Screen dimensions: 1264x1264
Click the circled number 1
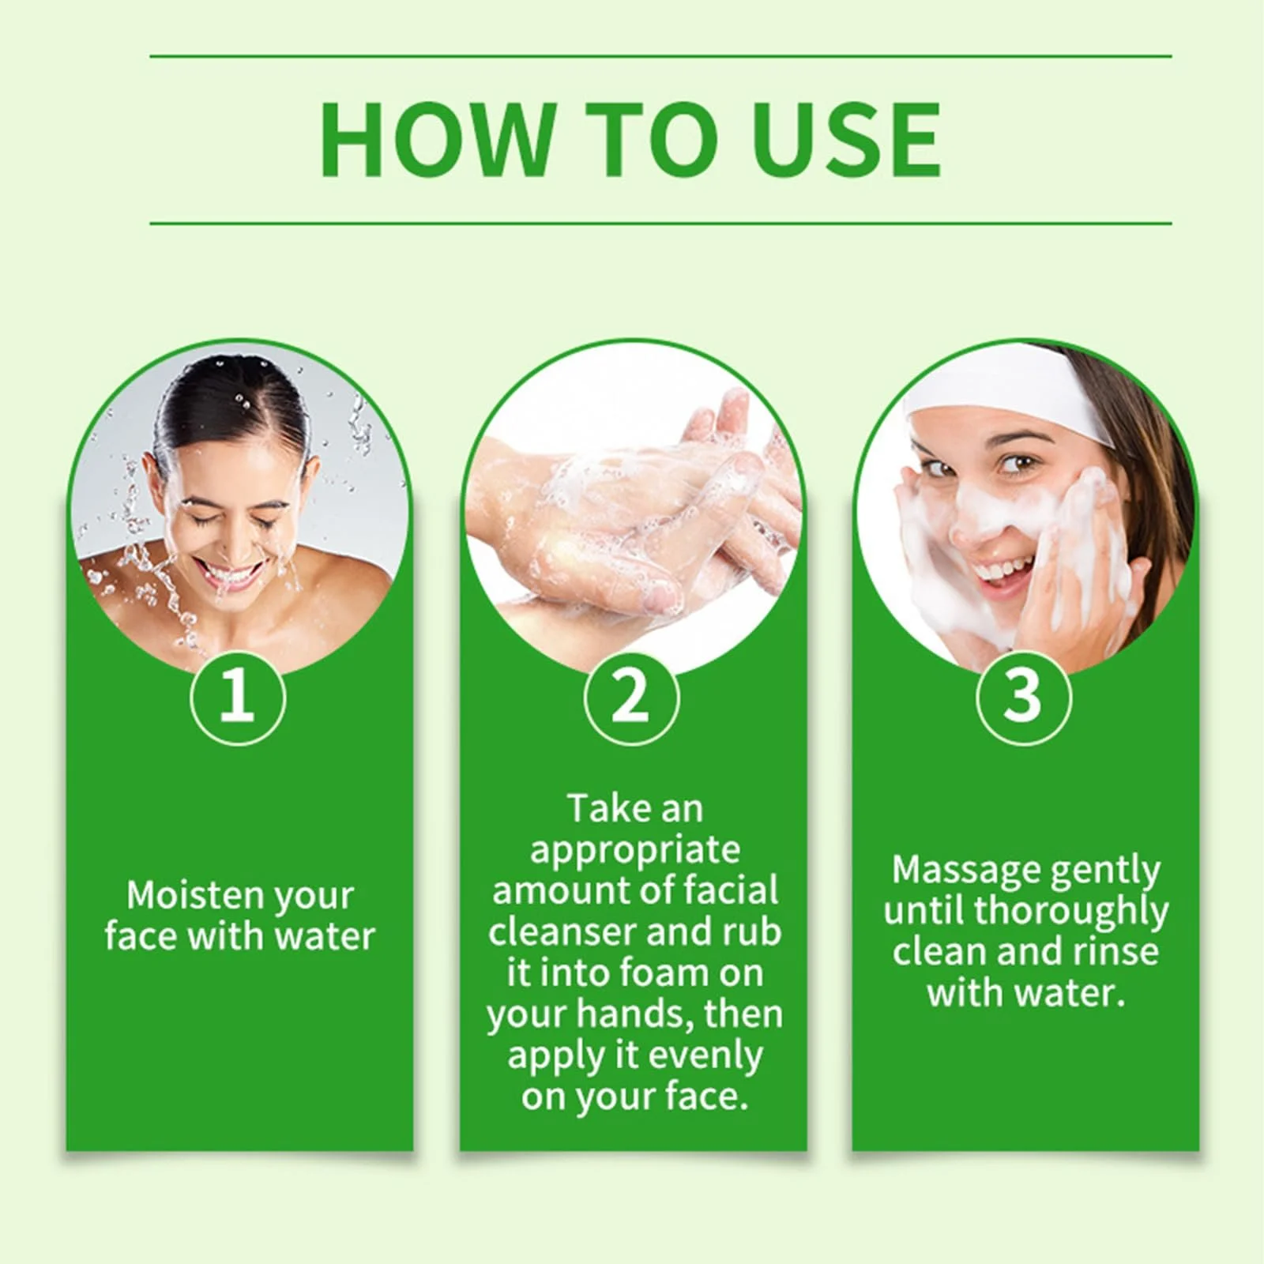coord(238,697)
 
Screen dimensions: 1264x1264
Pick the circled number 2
coord(632,697)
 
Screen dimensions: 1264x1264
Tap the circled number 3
coord(1024,696)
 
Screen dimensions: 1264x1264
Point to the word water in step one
coord(326,937)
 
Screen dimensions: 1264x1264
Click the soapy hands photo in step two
coord(632,513)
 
